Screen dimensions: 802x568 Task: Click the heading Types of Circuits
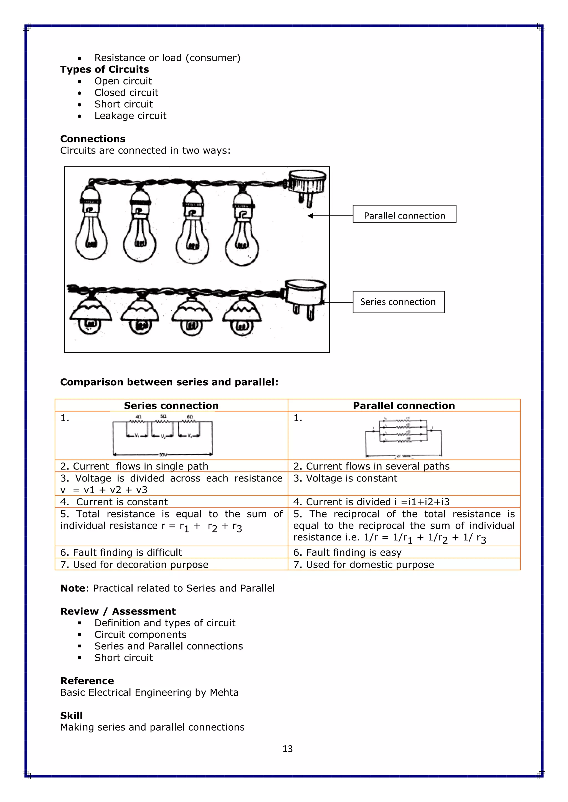(x=104, y=69)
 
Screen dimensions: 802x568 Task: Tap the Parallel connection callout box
(x=404, y=214)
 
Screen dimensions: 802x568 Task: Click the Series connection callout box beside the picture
(x=398, y=302)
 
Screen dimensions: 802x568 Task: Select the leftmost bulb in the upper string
(x=91, y=227)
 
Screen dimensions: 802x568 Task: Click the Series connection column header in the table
(x=171, y=406)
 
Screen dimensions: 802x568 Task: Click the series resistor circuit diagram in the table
(x=163, y=435)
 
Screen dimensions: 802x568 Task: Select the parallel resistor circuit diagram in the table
(x=403, y=436)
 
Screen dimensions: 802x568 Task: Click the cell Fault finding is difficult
(x=121, y=552)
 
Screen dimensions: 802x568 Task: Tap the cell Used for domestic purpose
(x=370, y=565)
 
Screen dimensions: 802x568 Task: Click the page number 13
(x=288, y=749)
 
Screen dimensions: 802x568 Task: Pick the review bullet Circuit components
(x=140, y=634)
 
